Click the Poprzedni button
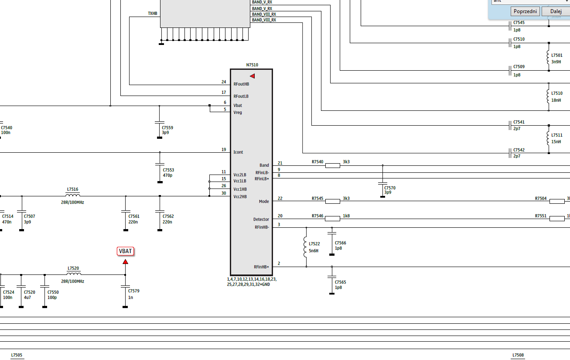tap(525, 11)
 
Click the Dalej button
tap(556, 11)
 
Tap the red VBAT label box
tap(126, 251)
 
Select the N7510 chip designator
tap(252, 65)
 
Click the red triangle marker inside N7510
tap(252, 76)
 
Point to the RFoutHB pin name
tap(241, 84)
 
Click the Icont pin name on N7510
tap(238, 152)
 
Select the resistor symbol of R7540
tap(333, 165)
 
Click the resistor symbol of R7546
tap(333, 219)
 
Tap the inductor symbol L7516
tap(72, 195)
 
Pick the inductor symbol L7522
tap(305, 247)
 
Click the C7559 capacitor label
tap(167, 127)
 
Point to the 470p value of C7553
tap(167, 175)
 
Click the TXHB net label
tap(153, 13)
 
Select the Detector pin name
tap(261, 219)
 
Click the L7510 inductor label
tap(557, 93)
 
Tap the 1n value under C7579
tap(130, 297)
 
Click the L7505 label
tap(17, 355)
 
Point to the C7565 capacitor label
tap(341, 282)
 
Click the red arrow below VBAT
tap(125, 262)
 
